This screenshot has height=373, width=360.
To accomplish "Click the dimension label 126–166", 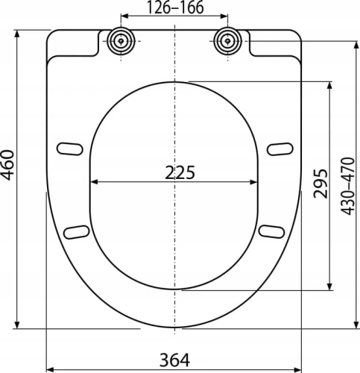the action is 175,7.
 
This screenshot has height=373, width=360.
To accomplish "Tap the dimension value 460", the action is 7,165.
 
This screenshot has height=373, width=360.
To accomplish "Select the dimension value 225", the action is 180,172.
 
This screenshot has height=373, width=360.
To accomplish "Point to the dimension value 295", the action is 320,184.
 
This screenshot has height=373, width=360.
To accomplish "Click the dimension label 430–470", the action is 347,186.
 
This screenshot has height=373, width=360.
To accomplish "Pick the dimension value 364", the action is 174,360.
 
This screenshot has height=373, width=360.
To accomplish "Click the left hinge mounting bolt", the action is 121,41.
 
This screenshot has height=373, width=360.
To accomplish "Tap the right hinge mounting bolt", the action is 227,41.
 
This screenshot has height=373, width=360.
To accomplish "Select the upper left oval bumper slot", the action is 70,148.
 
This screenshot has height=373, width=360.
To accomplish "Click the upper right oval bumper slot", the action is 280,148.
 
